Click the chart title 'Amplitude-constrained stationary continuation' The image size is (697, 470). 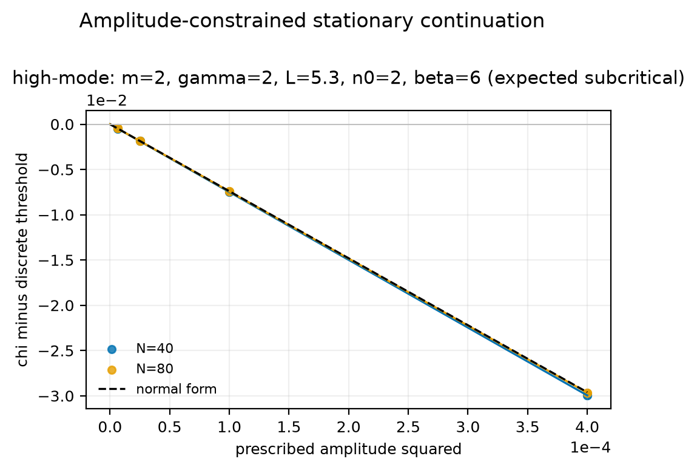point(312,21)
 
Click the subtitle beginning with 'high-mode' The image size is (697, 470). point(348,78)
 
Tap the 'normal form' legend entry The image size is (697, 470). point(157,389)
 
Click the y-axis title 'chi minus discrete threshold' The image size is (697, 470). point(22,260)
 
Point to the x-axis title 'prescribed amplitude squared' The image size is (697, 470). point(348,449)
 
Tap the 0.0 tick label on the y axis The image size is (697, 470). point(62,124)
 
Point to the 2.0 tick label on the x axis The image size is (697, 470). point(348,427)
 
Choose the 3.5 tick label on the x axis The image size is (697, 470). point(528,427)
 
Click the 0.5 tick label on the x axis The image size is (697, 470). point(169,427)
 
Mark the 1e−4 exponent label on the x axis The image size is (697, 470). point(590,448)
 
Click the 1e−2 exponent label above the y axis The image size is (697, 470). point(106,101)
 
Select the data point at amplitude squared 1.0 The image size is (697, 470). point(229,192)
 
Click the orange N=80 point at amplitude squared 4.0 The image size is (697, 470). point(588,393)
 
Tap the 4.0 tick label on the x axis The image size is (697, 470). point(587,427)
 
